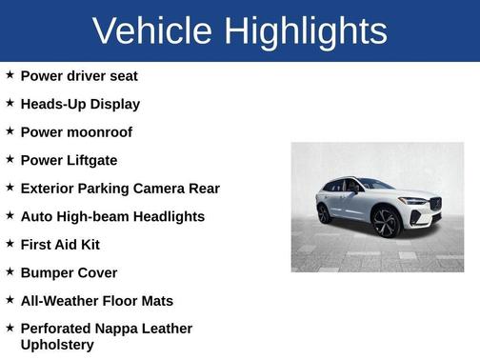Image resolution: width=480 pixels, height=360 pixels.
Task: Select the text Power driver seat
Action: (x=79, y=75)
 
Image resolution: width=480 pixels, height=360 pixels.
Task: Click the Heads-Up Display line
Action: (x=80, y=104)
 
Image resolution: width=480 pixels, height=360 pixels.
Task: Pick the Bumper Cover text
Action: (x=69, y=272)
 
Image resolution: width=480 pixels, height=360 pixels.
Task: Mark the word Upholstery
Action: (x=57, y=344)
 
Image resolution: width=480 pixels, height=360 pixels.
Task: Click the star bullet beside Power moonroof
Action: (x=10, y=130)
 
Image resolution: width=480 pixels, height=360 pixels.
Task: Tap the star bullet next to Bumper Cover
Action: (x=10, y=271)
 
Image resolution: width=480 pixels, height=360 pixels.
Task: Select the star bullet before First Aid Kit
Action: (x=10, y=244)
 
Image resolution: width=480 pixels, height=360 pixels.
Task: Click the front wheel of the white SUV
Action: (x=387, y=223)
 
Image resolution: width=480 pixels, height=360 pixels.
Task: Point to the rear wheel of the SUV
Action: (x=324, y=213)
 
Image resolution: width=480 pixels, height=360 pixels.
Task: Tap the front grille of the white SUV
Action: (x=435, y=205)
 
